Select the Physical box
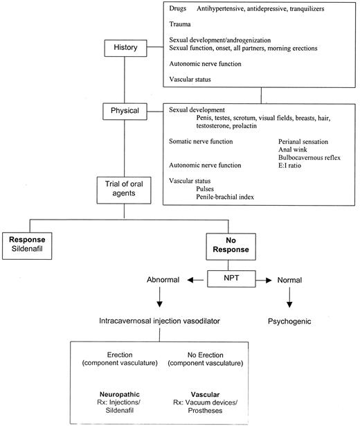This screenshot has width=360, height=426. [125, 110]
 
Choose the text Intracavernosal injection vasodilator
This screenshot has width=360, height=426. [160, 322]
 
